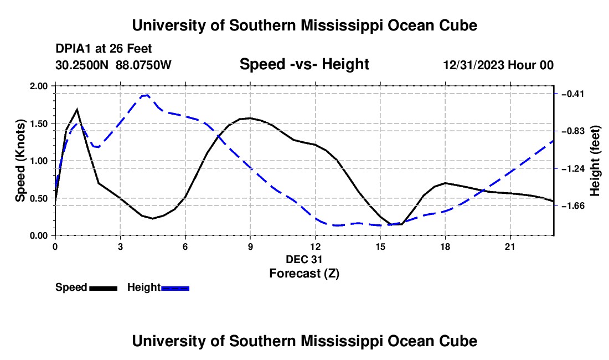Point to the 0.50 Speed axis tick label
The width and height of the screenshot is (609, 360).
coord(38,198)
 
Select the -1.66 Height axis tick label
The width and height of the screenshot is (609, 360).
coord(573,205)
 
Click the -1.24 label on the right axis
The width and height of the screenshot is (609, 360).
coord(573,168)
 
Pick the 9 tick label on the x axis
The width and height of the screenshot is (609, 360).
coord(250,246)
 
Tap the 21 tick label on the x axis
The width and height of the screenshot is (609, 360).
coord(510,246)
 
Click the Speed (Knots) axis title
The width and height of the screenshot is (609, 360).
coord(20,161)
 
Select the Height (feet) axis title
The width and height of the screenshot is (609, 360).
coord(595,161)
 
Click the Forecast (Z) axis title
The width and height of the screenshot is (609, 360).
coord(304,274)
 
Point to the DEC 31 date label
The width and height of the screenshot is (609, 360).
coord(304,259)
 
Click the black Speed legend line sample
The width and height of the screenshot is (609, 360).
coord(104,289)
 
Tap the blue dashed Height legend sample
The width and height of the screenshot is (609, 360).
coord(175,289)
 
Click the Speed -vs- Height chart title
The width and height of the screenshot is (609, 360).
coord(304,64)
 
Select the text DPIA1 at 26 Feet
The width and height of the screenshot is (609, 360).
coord(104,49)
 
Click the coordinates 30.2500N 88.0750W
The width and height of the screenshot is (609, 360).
coord(113,65)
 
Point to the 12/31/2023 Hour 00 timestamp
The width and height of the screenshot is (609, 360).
coord(498,65)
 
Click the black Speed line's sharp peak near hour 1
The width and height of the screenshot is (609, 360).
coord(77,110)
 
